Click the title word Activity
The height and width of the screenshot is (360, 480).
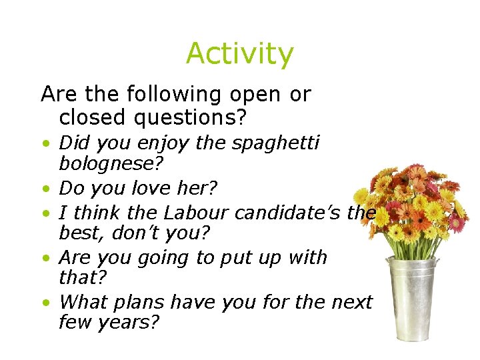[x=239, y=54]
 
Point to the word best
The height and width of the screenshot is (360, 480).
[x=79, y=233]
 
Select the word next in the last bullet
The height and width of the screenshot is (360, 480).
[x=352, y=303]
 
